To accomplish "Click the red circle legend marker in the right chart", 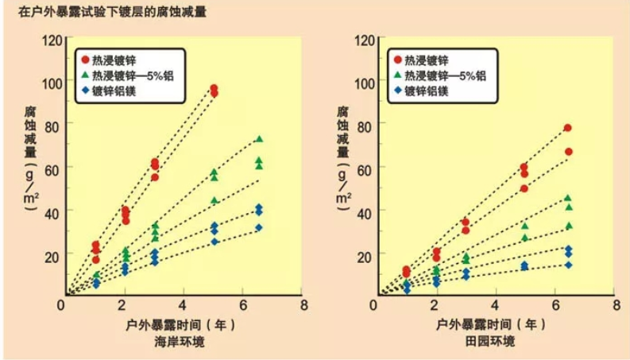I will pyautogui.click(x=396, y=60).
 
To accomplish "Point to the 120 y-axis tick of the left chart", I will pyautogui.click(x=51, y=41).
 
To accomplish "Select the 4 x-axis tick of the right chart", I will pyautogui.click(x=496, y=305).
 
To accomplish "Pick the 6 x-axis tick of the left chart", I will pyautogui.click(x=242, y=305).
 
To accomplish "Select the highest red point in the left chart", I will pyautogui.click(x=213, y=88).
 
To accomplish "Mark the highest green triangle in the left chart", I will pyautogui.click(x=259, y=139).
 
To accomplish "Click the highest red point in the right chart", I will pyautogui.click(x=568, y=128).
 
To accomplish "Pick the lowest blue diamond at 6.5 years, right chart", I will pyautogui.click(x=568, y=265).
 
